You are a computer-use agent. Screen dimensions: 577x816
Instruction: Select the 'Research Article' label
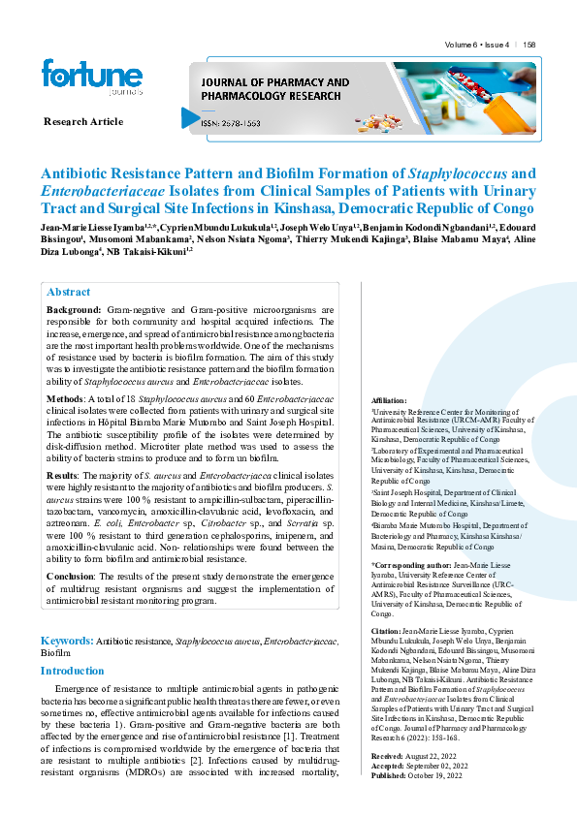(83, 121)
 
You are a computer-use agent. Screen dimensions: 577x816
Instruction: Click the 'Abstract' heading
(68, 292)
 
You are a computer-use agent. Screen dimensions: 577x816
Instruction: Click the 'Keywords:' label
(66, 641)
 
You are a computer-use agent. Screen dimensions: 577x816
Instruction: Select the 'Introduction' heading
(72, 671)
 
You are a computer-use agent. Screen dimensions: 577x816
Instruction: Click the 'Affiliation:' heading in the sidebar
(390, 400)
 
